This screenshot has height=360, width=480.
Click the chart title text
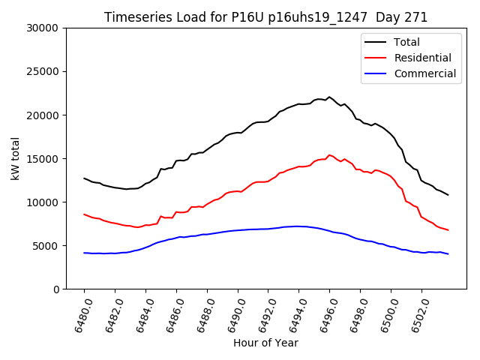click(266, 17)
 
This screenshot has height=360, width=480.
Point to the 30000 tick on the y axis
click(44, 28)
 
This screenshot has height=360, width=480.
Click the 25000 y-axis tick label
click(44, 71)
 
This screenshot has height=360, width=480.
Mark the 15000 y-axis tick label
click(44, 158)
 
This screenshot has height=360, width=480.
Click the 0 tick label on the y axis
click(56, 289)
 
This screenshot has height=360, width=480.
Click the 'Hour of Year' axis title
click(265, 343)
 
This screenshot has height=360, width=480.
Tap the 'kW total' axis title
click(16, 158)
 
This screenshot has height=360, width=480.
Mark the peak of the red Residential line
click(329, 155)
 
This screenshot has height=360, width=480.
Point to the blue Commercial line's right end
click(448, 254)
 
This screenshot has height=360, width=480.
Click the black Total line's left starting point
click(84, 178)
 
